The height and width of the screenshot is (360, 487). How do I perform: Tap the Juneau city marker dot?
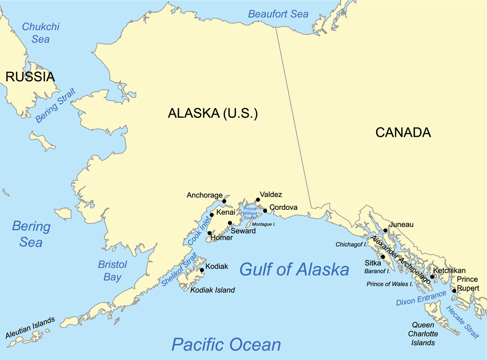(x=385, y=230)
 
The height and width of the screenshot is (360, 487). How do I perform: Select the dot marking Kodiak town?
(x=202, y=270)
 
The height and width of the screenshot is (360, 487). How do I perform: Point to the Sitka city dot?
(x=383, y=257)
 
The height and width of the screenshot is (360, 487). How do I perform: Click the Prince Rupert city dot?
(x=454, y=291)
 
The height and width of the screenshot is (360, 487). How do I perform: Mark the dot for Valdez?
(x=258, y=200)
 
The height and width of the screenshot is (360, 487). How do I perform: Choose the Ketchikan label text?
(x=449, y=270)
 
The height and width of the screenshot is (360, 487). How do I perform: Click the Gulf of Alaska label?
(x=294, y=270)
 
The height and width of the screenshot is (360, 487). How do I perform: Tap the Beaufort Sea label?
(x=279, y=14)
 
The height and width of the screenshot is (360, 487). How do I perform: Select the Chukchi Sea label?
(x=41, y=32)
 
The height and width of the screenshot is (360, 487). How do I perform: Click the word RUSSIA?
(x=29, y=77)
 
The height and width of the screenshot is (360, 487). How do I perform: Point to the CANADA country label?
(x=403, y=133)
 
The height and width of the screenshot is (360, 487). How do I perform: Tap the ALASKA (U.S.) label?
(x=213, y=114)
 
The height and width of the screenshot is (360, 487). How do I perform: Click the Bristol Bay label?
(x=112, y=271)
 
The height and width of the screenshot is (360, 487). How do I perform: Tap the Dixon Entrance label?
(x=421, y=299)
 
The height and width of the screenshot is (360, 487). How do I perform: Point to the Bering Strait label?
(x=55, y=105)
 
